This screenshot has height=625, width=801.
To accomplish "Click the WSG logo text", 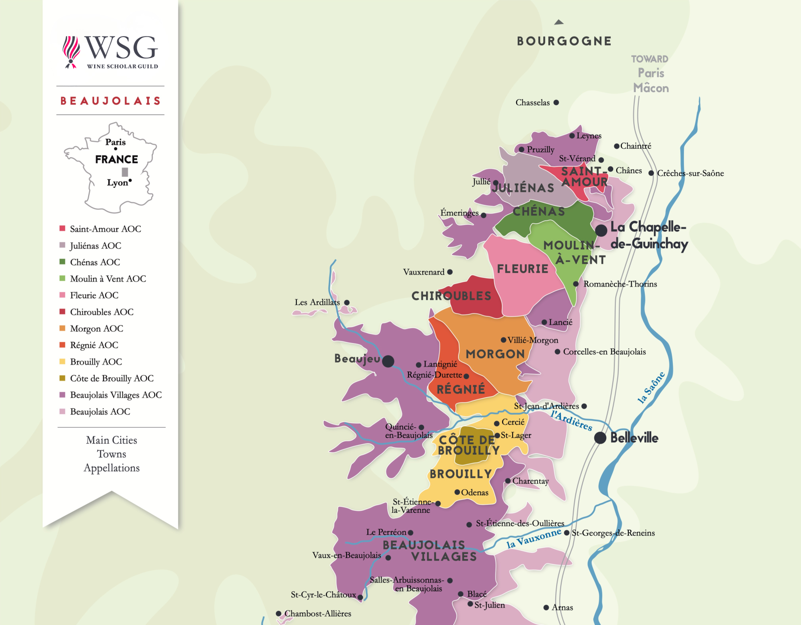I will point(121,48).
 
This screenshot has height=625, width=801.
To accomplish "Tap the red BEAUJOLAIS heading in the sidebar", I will point(111,101).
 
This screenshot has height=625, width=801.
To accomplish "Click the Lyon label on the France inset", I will point(117,183).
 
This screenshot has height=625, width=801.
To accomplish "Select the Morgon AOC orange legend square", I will point(63,329).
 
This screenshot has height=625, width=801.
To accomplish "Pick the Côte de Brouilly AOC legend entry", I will point(111,378).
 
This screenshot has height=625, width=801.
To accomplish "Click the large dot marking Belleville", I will point(600,438).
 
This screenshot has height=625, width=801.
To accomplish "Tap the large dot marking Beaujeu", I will point(388,361).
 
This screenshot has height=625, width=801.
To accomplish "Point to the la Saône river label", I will point(651,387).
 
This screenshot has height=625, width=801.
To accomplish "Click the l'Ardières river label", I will point(571,421).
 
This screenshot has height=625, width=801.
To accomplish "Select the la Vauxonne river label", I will point(534,538).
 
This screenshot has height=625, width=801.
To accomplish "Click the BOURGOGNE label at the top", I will point(564,41).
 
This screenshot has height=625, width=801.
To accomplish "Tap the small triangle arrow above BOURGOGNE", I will point(559,22).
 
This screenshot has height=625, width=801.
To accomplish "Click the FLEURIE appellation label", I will point(523,269).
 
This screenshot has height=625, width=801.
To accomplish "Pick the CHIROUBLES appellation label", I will point(451,296).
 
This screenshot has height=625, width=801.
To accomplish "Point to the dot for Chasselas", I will point(556,103).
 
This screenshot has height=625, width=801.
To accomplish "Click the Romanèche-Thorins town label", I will point(620,284).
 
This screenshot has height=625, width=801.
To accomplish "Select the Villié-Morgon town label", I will point(533,340).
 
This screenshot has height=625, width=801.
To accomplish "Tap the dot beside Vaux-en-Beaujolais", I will point(388,557).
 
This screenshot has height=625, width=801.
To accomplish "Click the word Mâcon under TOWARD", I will point(651,88).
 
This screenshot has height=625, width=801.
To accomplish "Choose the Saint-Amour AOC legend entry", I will point(105,229).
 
